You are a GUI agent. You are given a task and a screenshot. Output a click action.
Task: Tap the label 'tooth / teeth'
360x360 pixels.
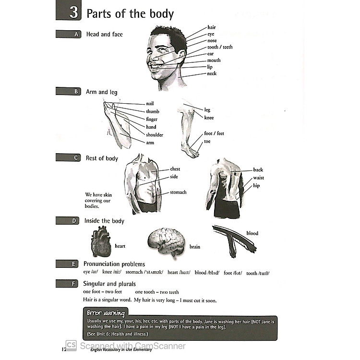(x=219, y=47)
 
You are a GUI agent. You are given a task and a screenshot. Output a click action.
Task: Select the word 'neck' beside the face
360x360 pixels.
(x=212, y=73)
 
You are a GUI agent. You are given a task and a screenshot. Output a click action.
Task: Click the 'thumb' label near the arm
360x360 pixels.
(x=152, y=111)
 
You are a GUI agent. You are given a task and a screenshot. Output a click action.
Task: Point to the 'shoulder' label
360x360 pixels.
(x=155, y=135)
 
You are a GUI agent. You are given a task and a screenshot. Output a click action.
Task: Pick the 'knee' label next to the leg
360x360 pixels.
(x=209, y=118)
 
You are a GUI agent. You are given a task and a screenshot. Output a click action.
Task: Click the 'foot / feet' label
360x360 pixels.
(x=214, y=133)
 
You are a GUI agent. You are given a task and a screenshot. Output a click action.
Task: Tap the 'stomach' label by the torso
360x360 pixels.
(x=178, y=192)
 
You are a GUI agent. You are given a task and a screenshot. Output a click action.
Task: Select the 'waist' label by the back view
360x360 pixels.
(x=258, y=178)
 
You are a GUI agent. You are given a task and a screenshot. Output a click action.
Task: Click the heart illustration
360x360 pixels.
(x=101, y=242)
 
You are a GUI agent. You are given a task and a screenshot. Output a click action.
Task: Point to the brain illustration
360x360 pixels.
(x=166, y=243)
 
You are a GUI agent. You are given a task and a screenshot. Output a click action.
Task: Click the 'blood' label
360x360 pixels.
(x=252, y=233)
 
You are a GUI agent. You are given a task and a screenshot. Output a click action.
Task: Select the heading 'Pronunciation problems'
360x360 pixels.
(x=114, y=264)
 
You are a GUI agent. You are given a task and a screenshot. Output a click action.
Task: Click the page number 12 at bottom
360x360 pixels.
(x=64, y=349)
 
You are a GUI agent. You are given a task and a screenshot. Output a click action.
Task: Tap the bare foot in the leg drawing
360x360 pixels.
(x=190, y=151)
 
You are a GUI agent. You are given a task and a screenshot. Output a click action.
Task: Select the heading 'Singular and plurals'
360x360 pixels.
(x=109, y=284)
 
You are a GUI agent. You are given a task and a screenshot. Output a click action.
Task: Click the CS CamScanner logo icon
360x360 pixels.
(x=71, y=346)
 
